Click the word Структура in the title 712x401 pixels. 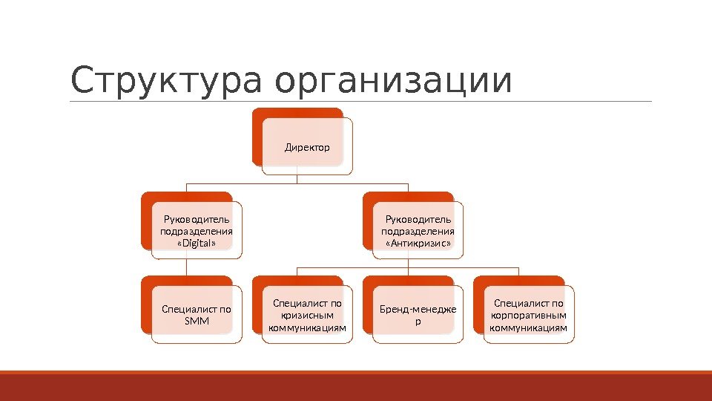[x=165, y=82]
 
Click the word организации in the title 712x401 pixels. [x=393, y=82]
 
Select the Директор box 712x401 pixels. [x=307, y=147]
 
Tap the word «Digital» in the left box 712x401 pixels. [x=196, y=243]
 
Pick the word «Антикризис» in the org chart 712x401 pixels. [x=418, y=243]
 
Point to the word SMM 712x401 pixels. [x=196, y=322]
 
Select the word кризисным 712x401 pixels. [x=307, y=315]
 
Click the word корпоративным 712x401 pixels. [x=529, y=315]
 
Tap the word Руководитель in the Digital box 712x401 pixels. [x=197, y=219]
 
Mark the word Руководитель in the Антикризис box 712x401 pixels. [x=418, y=219]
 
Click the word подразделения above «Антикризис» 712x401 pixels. [x=418, y=231]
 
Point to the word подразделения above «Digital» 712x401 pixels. [x=196, y=231]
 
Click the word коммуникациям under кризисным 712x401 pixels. [x=307, y=327]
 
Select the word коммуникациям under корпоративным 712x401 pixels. [x=529, y=327]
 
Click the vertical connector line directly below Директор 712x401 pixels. [x=297, y=178]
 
